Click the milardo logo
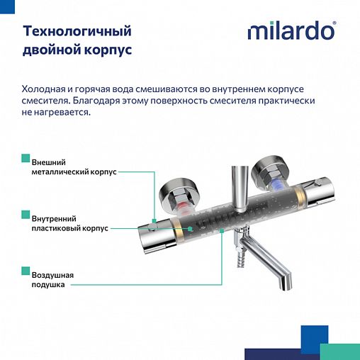coord(291,32)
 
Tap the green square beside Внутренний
coord(26,214)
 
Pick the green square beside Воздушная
coord(26,270)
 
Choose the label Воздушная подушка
coord(52,280)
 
